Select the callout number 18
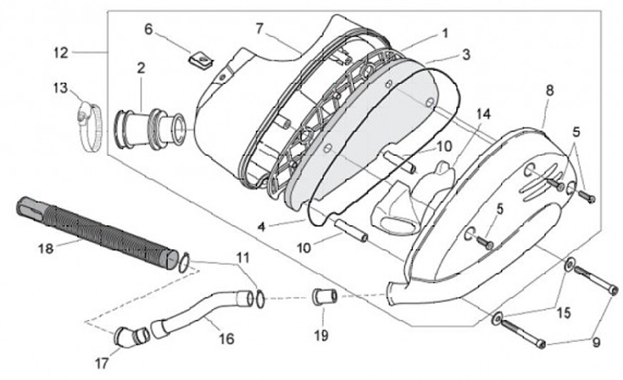[45, 248]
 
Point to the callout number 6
[148, 29]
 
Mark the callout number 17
[101, 364]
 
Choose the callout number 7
[259, 29]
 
